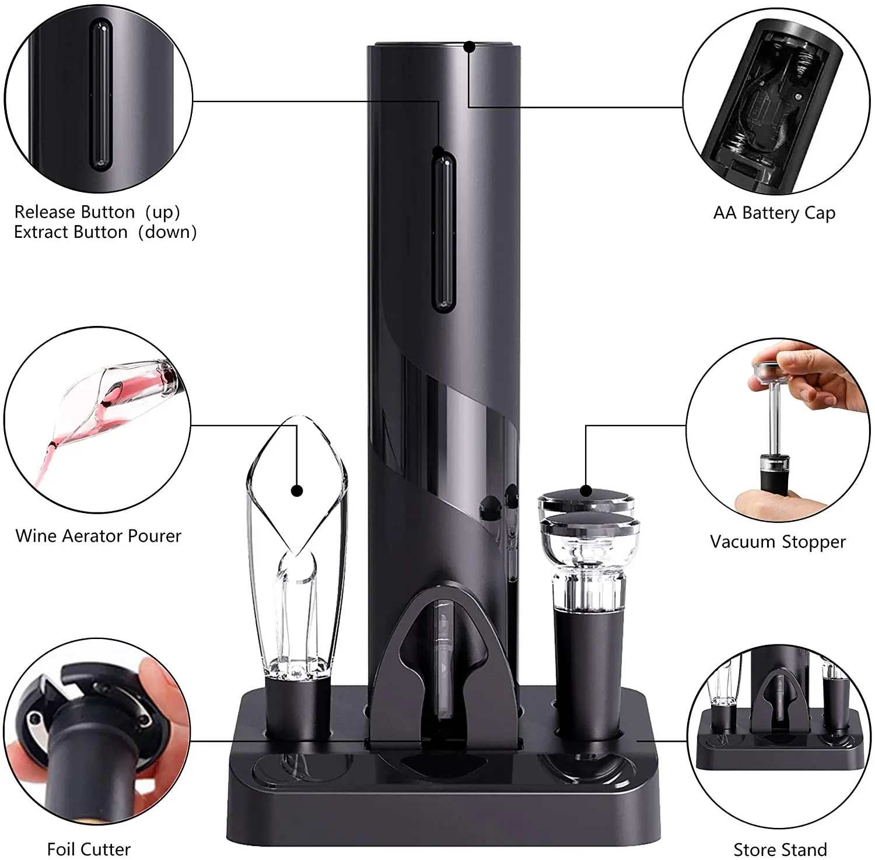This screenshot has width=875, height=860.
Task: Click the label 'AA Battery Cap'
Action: pos(774,213)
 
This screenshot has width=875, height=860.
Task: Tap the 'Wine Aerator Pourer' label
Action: pos(99,536)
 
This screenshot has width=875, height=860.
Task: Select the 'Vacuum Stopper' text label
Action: pos(778,542)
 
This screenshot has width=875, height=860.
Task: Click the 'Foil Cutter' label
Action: pos(89,848)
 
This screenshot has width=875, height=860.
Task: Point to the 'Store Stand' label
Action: pos(780,849)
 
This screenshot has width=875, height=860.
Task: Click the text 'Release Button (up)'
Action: pos(97,212)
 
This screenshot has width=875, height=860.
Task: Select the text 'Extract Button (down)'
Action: pos(105,232)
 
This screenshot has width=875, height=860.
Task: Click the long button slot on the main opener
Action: pos(443,230)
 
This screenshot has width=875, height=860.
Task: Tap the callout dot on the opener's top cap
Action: pos(470,47)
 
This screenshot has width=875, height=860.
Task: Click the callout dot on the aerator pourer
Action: pos(297,490)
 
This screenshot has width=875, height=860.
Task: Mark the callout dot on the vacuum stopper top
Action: pos(586,491)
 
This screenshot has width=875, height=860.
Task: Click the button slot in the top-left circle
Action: pos(100,96)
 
